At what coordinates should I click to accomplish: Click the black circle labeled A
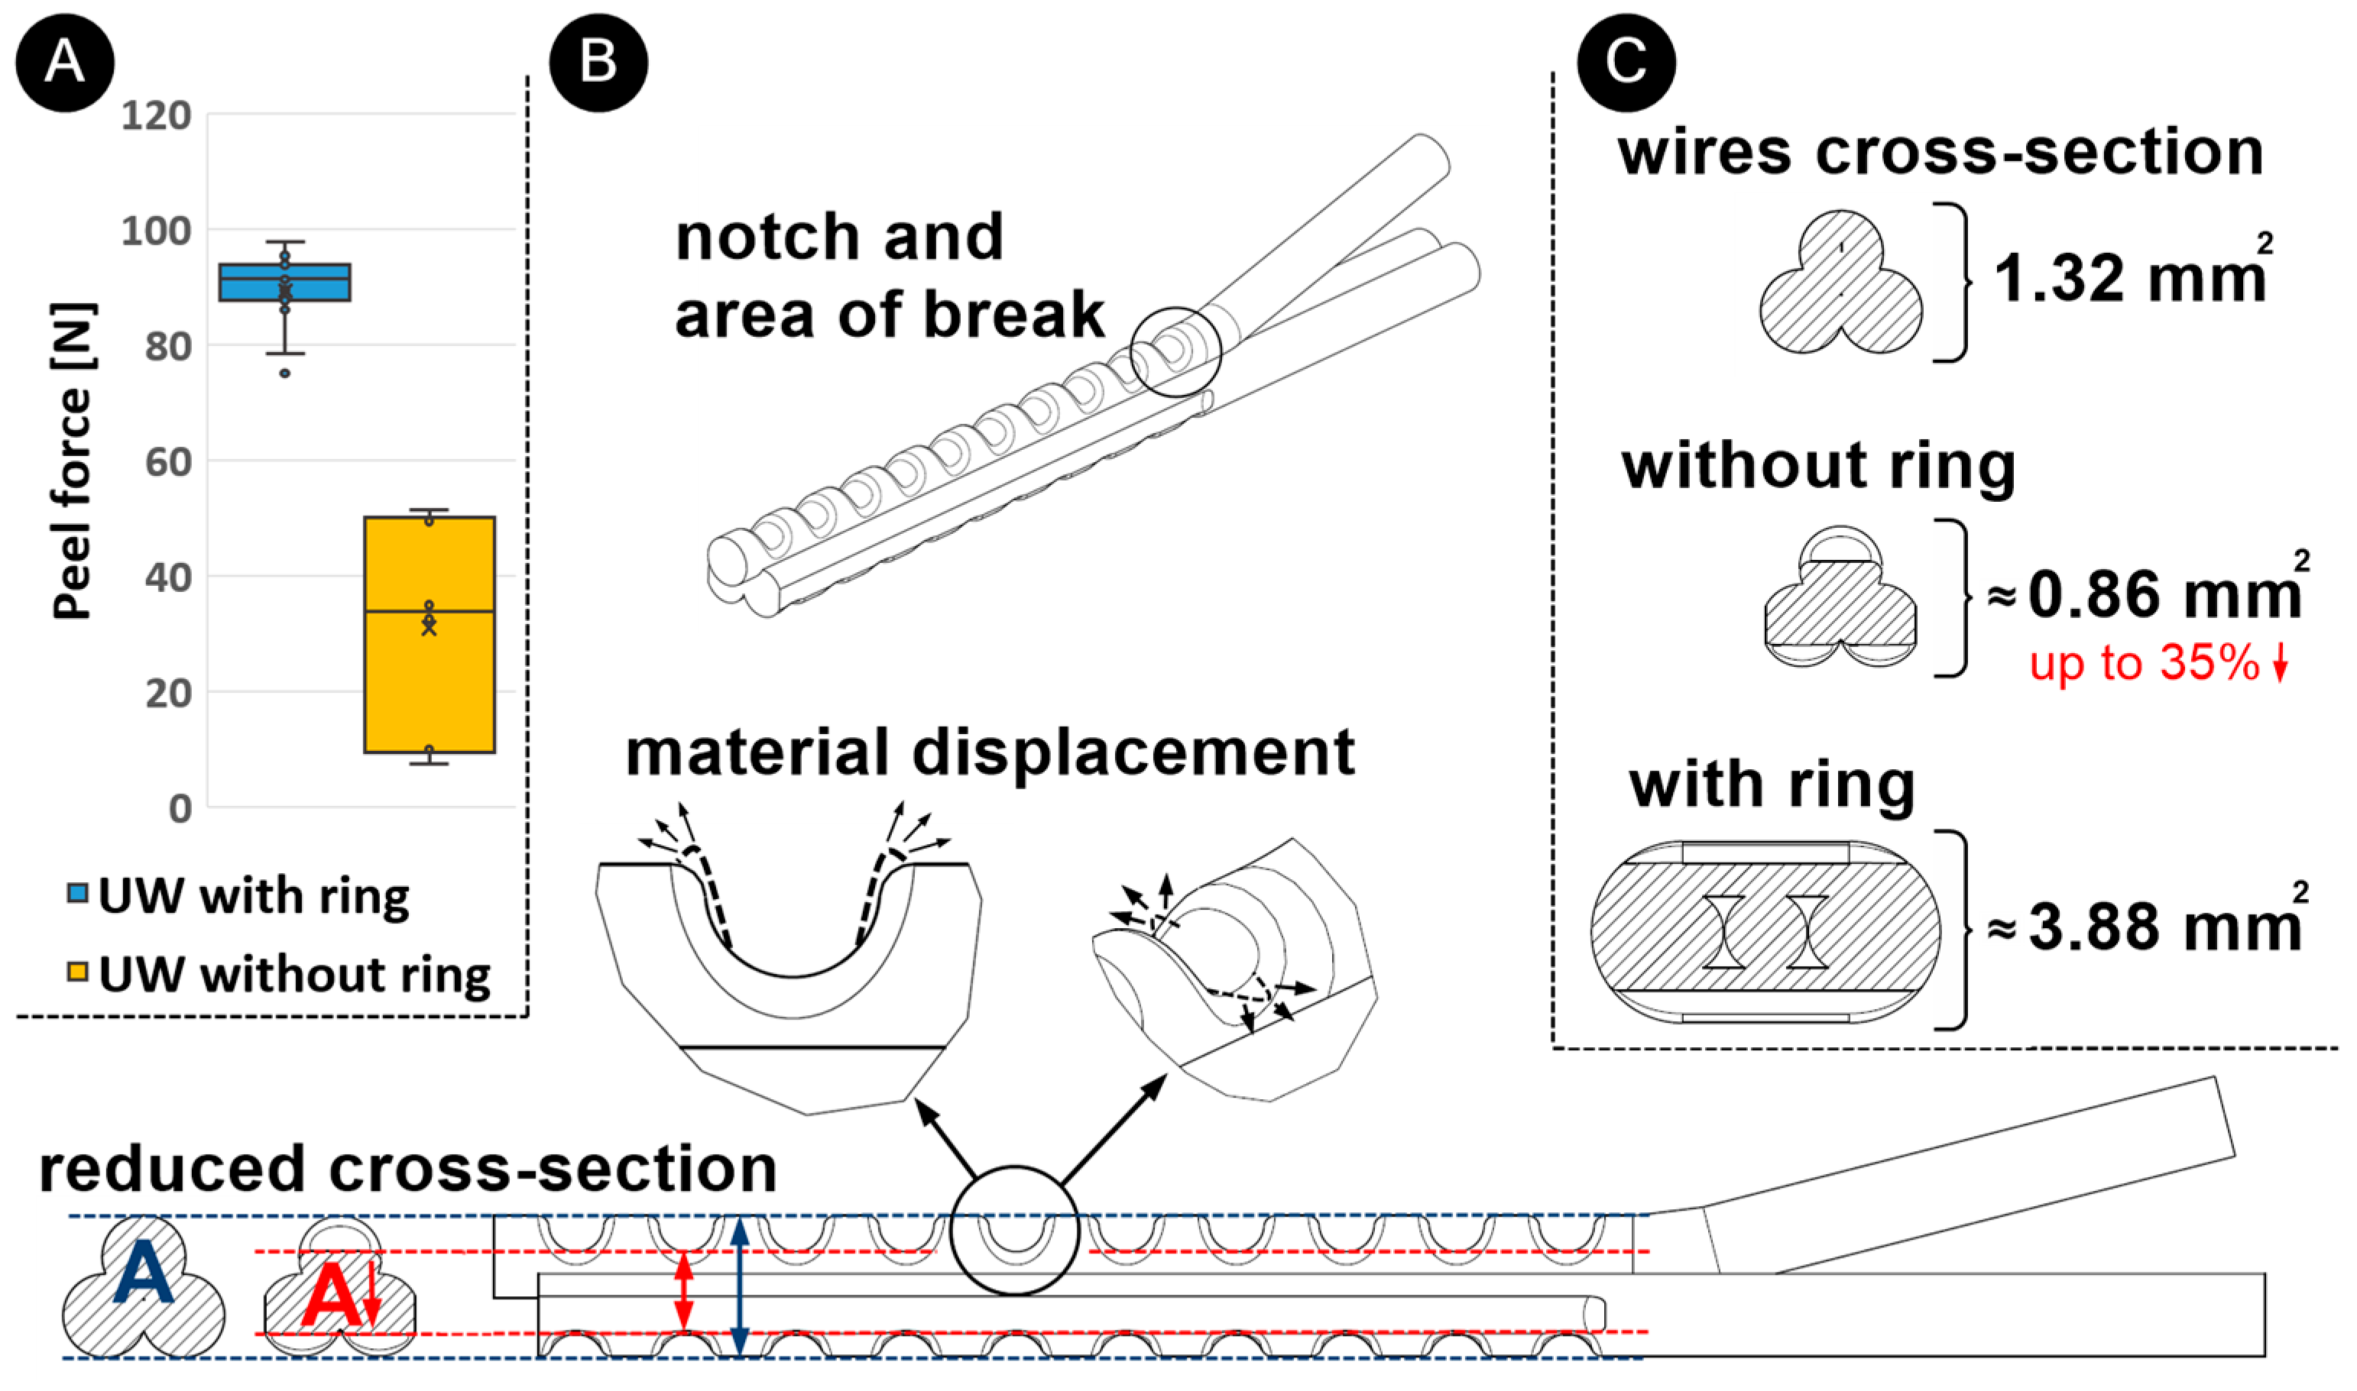tap(65, 62)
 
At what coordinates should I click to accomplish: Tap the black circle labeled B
tap(598, 62)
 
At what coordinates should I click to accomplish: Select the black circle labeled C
tap(1626, 62)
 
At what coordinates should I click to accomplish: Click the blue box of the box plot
tap(285, 282)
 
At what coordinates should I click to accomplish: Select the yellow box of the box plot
tap(430, 635)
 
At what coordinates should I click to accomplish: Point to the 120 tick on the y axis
tap(157, 116)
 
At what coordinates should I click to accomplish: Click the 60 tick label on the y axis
tap(169, 462)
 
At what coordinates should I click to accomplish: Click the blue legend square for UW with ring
tap(78, 892)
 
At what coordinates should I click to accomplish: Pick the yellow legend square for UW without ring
tap(78, 970)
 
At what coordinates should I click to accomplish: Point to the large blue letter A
tap(144, 1271)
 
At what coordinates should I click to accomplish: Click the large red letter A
tap(332, 1296)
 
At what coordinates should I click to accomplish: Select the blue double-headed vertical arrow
tap(739, 1286)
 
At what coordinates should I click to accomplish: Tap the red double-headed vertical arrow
tap(685, 1292)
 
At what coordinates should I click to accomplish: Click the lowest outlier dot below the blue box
tap(285, 373)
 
